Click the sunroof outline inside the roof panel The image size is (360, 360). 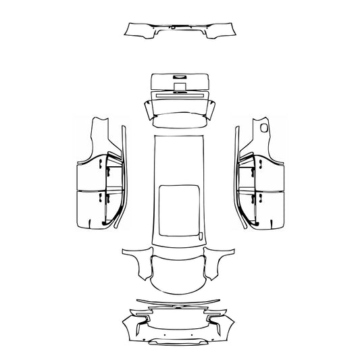[180, 209]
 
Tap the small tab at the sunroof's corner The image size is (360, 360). [201, 234]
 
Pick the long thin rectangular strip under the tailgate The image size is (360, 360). [179, 95]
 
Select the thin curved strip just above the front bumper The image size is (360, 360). [178, 299]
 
